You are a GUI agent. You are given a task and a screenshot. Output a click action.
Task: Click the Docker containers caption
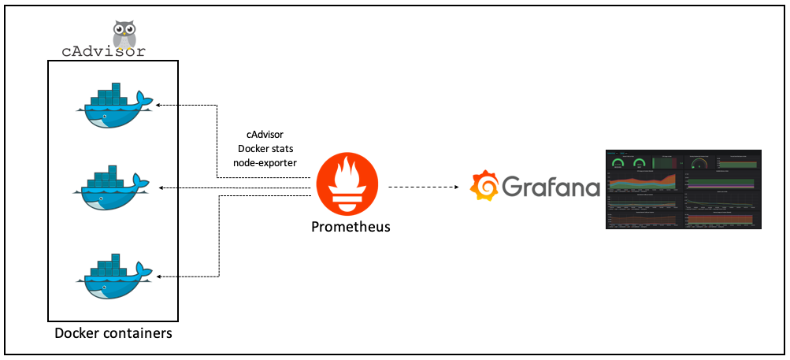click(113, 333)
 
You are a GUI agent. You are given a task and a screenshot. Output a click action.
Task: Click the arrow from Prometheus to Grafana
click(425, 187)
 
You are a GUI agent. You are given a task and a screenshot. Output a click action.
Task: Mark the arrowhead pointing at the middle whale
click(161, 187)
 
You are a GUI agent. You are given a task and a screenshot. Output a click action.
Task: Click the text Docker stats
click(264, 148)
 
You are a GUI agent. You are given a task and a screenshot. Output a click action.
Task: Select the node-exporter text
click(265, 162)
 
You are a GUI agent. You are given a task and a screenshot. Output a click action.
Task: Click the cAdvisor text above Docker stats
click(265, 135)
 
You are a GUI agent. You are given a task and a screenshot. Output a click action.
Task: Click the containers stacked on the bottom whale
click(106, 266)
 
